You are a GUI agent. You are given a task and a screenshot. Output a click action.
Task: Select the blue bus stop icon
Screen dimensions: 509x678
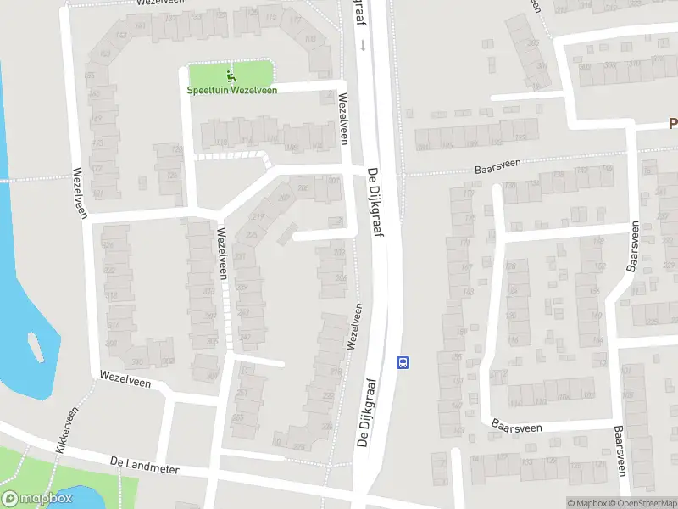(x=403, y=362)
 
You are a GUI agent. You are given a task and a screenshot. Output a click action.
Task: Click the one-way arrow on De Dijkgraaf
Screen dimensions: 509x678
(x=362, y=44)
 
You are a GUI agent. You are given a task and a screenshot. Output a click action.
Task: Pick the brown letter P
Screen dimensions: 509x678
(x=673, y=124)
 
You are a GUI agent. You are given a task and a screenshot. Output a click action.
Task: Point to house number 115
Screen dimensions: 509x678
(x=271, y=18)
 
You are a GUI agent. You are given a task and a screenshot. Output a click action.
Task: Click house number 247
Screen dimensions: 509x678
(x=245, y=338)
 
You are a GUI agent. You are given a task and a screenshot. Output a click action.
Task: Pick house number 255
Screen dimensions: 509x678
(x=238, y=417)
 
